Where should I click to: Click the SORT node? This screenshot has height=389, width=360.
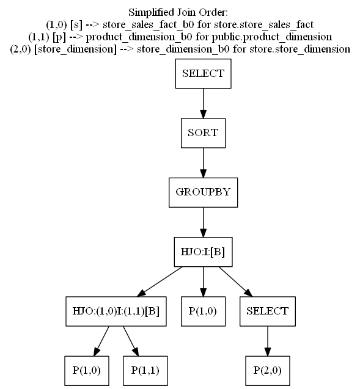point(204,133)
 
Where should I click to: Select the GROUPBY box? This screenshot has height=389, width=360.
point(204,191)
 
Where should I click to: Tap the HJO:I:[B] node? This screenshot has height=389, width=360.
point(204,251)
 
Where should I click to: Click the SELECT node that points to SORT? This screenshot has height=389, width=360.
point(204,74)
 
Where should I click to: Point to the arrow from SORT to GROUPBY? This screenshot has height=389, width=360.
point(204,162)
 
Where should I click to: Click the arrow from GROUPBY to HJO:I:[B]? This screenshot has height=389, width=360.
point(204,221)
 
